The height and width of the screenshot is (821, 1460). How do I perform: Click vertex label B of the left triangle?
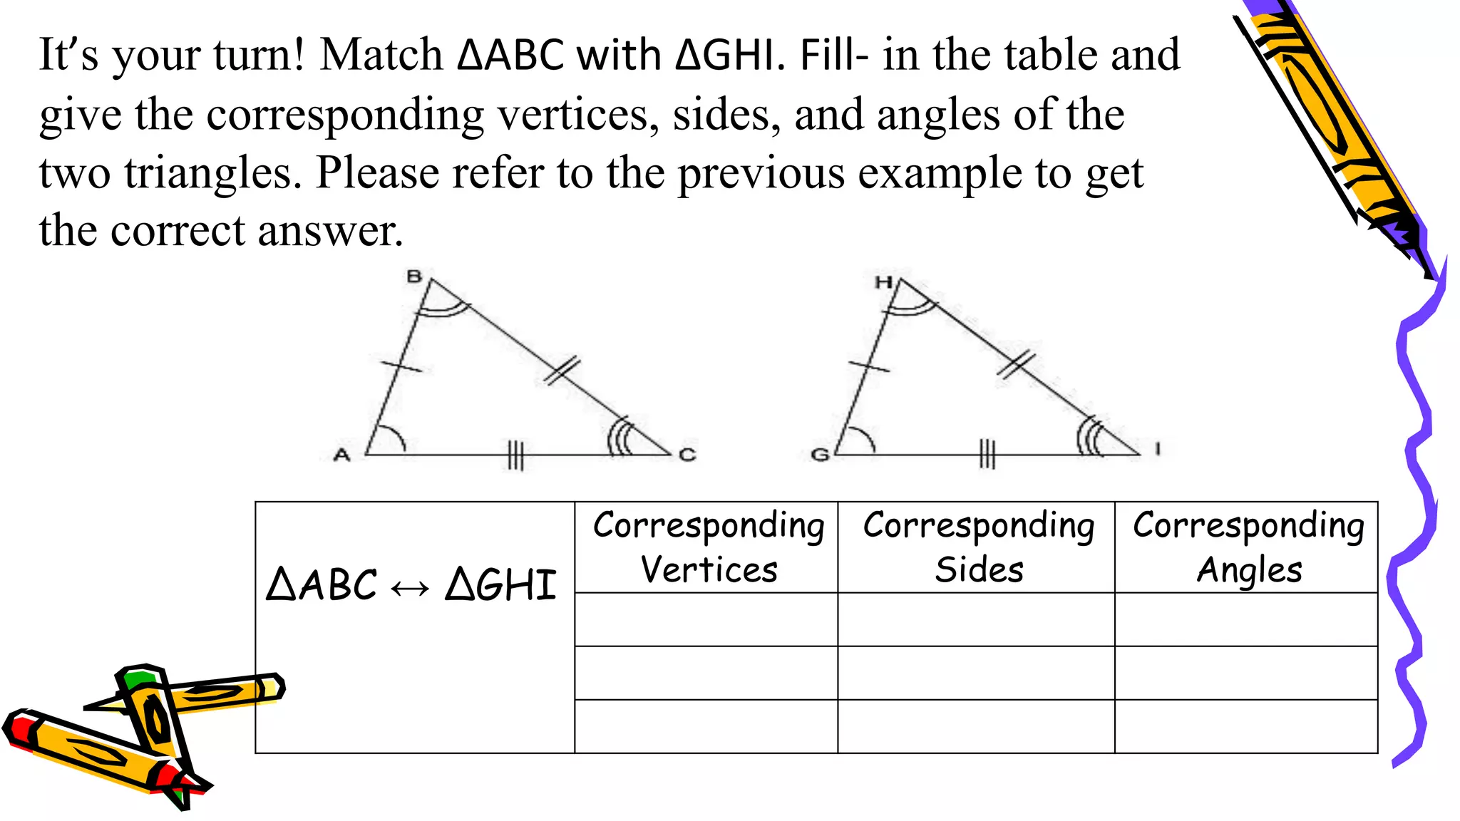[x=414, y=276]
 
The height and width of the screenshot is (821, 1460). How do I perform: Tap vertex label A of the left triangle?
[x=342, y=454]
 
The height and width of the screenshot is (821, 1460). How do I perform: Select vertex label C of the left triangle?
[x=687, y=454]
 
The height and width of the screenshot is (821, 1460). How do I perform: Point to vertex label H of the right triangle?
[x=883, y=282]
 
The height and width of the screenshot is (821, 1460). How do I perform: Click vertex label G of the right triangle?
[x=820, y=454]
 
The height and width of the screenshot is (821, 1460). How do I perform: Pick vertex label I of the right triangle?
[x=1158, y=448]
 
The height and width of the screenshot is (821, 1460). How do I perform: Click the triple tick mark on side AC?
[x=515, y=455]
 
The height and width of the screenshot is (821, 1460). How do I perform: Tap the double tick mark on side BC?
[x=562, y=371]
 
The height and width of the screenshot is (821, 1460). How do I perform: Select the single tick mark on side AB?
[x=401, y=366]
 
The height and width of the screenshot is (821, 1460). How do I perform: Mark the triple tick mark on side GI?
[x=987, y=453]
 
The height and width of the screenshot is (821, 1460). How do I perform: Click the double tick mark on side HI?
[x=1016, y=364]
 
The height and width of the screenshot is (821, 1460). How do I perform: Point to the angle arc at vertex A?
[x=392, y=435]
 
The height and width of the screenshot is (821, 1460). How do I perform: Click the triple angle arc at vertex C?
[x=619, y=437]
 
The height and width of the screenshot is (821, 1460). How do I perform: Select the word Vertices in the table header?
[x=709, y=569]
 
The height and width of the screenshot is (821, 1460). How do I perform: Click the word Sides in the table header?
[x=979, y=569]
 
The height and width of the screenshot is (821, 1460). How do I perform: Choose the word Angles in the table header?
[x=1249, y=570]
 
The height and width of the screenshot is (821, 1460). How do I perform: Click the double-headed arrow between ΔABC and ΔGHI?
[x=411, y=587]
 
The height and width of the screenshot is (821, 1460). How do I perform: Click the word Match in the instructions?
[x=381, y=55]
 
